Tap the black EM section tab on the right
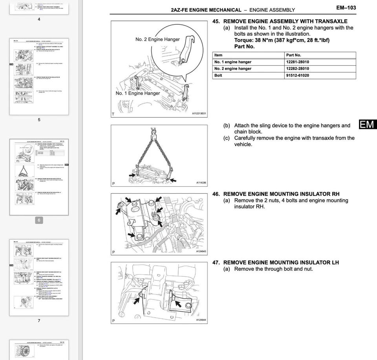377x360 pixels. tap(367, 125)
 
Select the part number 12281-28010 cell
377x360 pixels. tap(297, 62)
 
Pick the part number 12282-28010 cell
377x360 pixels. tap(297, 69)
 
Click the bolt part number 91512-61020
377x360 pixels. tap(297, 75)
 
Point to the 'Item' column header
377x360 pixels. tap(218, 55)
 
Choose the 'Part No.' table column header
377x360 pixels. tap(293, 55)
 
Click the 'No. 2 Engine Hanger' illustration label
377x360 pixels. tap(157, 39)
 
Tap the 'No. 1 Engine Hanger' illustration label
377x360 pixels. tap(137, 93)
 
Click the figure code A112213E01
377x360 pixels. tap(199, 114)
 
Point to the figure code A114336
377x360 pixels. tap(201, 183)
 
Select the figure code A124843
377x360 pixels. tap(201, 252)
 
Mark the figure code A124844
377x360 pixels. tap(201, 320)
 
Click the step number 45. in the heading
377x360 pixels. tap(216, 21)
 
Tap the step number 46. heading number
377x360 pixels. tap(216, 194)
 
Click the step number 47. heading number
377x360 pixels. tap(216, 263)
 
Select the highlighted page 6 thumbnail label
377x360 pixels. tap(39, 220)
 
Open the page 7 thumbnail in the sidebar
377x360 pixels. tap(39, 277)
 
